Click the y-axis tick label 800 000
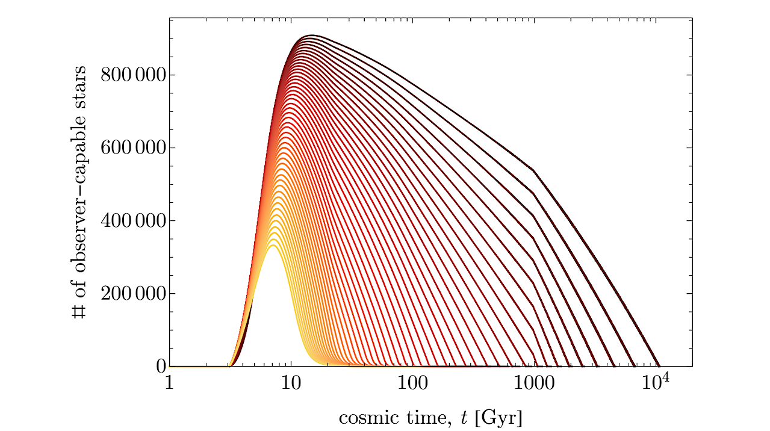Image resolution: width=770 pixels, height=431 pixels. coord(131,75)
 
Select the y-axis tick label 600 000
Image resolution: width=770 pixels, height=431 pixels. coord(131,148)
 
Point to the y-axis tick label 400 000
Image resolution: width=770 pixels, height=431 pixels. coord(131,221)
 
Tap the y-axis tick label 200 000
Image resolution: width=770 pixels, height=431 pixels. coord(131,294)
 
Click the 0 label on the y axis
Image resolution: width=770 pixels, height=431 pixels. coord(161,367)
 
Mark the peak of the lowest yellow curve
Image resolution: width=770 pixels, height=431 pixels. coord(273,245)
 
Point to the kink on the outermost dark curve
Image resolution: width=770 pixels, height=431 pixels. coord(534,171)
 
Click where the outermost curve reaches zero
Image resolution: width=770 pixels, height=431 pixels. coord(660,366)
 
